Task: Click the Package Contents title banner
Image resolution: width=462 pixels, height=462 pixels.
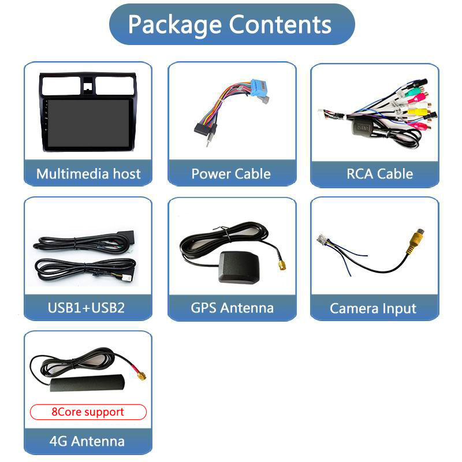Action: (231, 24)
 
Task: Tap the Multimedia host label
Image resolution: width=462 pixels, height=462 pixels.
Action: (88, 174)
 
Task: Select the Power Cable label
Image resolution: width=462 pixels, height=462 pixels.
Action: (231, 174)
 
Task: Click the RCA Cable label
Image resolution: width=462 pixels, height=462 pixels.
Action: (379, 174)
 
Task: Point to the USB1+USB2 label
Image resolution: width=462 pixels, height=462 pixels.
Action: (86, 307)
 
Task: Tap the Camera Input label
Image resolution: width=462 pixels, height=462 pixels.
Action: (373, 308)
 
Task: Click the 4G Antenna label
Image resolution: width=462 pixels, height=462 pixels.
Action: (87, 441)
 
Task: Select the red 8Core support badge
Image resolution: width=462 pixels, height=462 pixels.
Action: (88, 412)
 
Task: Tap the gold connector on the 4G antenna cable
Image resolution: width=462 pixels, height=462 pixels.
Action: (140, 375)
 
